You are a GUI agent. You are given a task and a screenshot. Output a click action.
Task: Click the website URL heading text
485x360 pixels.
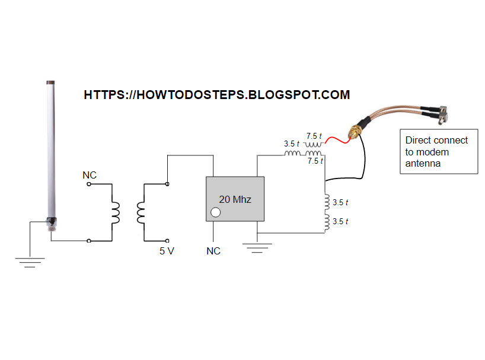(217, 95)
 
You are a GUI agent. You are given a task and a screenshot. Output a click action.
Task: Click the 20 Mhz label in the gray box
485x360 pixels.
(235, 199)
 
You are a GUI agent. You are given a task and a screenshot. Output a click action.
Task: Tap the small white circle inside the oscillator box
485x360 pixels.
(216, 212)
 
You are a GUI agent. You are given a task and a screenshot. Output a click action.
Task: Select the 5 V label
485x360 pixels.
(167, 251)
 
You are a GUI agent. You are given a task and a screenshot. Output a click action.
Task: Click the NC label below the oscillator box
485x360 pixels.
(213, 251)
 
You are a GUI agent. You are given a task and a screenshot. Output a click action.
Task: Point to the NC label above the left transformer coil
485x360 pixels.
(90, 176)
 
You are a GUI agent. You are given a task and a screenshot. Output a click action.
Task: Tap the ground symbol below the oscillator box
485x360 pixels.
(257, 247)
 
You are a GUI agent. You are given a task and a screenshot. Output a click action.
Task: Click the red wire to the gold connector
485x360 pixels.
(336, 140)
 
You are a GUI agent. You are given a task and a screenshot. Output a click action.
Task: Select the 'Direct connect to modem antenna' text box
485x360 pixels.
(438, 152)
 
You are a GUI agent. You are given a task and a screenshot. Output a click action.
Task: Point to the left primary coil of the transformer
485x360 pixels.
(114, 212)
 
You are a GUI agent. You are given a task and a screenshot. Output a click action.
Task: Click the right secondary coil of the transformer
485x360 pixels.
(141, 212)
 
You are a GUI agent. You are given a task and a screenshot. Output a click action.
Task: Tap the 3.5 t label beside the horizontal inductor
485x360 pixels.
(291, 144)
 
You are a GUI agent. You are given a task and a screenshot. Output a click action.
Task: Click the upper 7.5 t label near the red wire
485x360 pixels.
(314, 136)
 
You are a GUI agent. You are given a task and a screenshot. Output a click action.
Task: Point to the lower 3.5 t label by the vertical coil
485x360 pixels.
(340, 221)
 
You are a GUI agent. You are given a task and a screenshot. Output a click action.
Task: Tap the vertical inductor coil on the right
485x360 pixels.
(326, 212)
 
